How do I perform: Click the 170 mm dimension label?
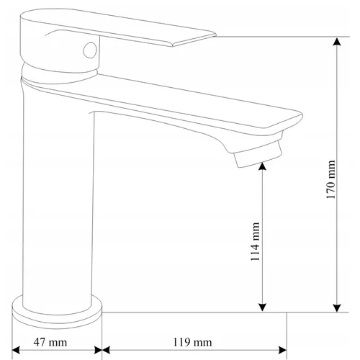coord(330,179)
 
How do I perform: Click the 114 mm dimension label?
coord(255,241)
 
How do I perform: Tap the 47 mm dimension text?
coord(50,342)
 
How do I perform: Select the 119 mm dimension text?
coord(192,343)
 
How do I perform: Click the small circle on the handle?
coord(90,50)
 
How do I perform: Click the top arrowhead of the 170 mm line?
coord(337,41)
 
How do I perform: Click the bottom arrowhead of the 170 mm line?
coord(337,308)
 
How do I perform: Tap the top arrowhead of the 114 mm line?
coord(262,166)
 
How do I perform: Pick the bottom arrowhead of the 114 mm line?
coord(262,307)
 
